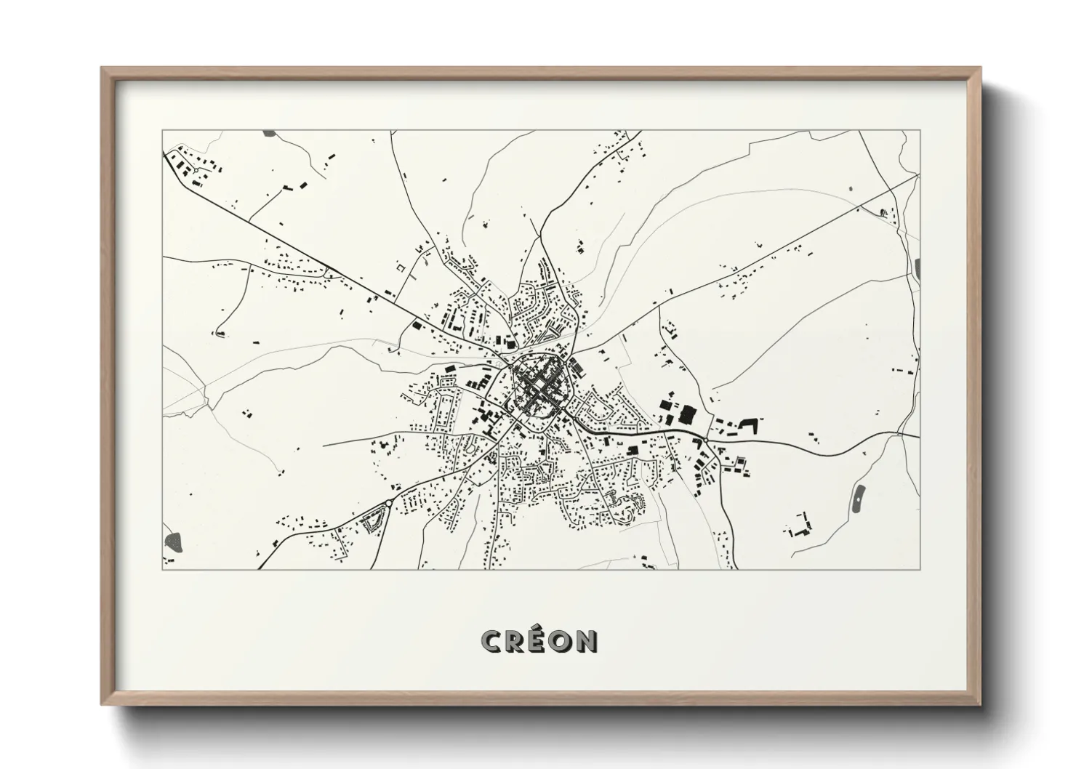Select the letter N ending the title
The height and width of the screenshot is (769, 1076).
587,640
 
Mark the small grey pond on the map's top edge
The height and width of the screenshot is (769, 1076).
269,134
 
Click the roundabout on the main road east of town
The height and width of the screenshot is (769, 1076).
706,440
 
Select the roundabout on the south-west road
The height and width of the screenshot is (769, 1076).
388,503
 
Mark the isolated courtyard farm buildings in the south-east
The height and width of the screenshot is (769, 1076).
800,526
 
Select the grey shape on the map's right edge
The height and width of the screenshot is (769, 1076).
918,267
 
